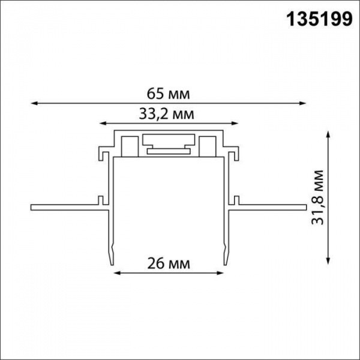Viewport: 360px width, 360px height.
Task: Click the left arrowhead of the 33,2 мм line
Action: pos(101,124)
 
